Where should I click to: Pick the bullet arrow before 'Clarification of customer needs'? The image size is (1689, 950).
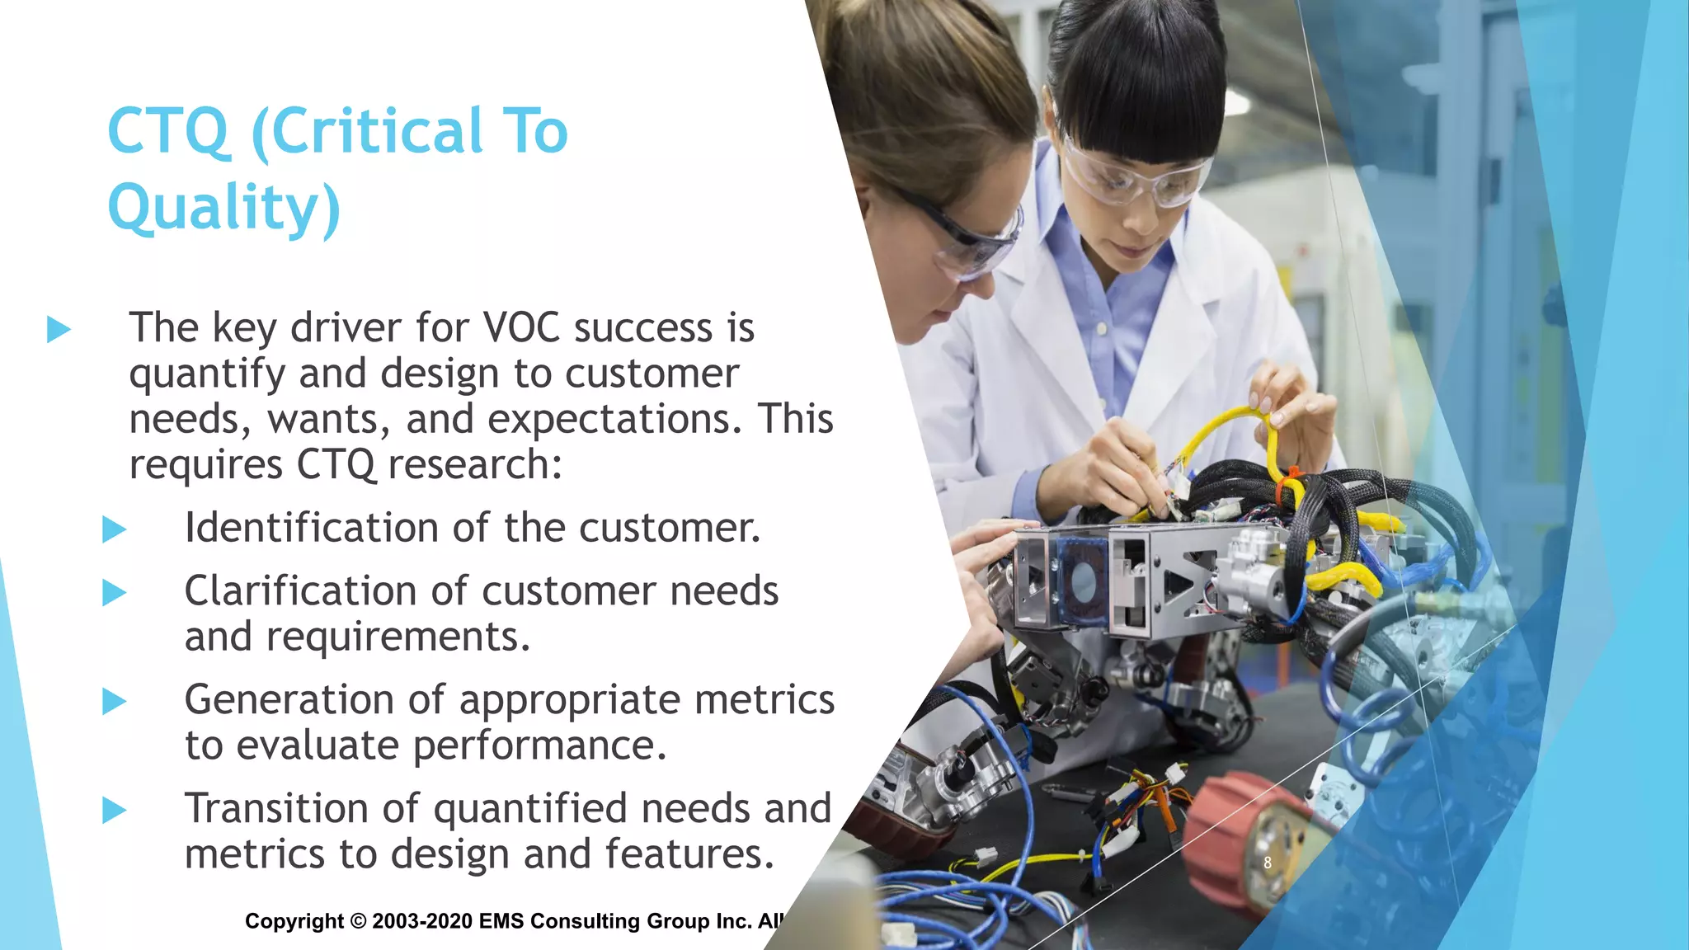pyautogui.click(x=114, y=592)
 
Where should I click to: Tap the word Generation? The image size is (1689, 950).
pyautogui.click(x=289, y=699)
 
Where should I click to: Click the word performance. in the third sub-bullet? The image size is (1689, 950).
pyautogui.click(x=539, y=745)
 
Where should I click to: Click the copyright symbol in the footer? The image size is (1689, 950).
pyautogui.click(x=358, y=921)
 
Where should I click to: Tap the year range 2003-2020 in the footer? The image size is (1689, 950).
pyautogui.click(x=422, y=921)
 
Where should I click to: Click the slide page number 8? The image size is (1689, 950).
pyautogui.click(x=1268, y=863)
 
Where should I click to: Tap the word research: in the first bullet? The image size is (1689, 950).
pyautogui.click(x=475, y=465)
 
